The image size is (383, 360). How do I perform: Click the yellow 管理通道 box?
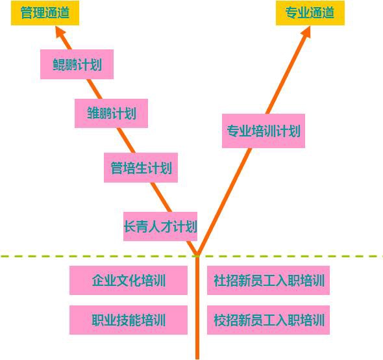(x=45, y=13)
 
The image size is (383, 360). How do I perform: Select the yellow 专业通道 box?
(x=310, y=13)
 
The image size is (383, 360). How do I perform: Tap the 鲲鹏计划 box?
(x=77, y=64)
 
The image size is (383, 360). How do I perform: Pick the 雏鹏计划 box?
(x=112, y=113)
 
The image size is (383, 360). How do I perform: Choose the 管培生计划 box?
(x=141, y=168)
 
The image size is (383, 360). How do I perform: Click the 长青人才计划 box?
(x=160, y=227)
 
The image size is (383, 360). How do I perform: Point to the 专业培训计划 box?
(x=264, y=131)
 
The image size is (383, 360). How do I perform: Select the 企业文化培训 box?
(x=129, y=280)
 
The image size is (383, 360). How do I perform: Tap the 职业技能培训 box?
(x=129, y=320)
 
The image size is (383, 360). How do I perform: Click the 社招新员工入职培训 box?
(x=269, y=280)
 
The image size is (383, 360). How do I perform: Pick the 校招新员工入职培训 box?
(x=269, y=320)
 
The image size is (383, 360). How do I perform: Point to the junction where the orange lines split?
(x=197, y=255)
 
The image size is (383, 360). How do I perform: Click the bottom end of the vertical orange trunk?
(x=197, y=359)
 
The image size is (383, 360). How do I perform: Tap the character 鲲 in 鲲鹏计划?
(x=59, y=64)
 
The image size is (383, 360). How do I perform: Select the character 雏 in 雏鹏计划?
(x=93, y=113)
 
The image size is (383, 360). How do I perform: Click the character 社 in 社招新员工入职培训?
(x=219, y=280)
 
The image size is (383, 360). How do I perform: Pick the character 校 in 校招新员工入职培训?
(x=219, y=320)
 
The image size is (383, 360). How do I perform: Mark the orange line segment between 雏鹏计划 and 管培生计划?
(x=126, y=140)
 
